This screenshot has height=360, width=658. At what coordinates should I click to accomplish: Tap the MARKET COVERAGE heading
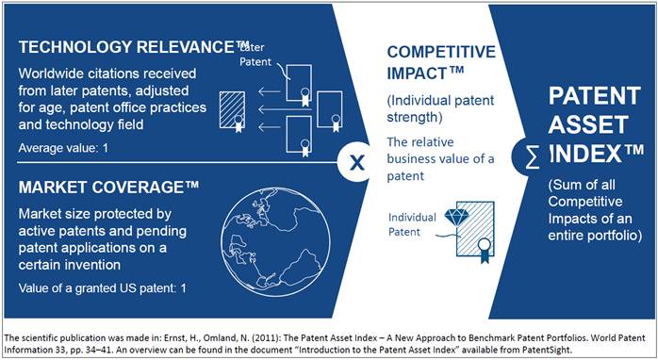[x=108, y=188]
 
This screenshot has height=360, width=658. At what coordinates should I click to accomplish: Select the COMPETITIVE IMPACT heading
[x=441, y=62]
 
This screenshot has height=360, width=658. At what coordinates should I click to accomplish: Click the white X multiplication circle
[x=356, y=162]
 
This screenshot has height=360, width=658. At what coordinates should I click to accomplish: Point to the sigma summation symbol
[x=532, y=157]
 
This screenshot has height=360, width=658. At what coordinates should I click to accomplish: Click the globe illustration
[x=275, y=242]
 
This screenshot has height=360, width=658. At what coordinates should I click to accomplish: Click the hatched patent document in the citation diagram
[x=233, y=111]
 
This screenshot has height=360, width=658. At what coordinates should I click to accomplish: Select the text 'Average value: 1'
[x=63, y=148]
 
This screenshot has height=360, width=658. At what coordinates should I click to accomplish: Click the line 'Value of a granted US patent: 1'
[x=102, y=288]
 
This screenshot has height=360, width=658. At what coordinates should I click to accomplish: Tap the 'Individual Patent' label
[x=412, y=224]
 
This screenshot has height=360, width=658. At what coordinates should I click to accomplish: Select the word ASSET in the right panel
[x=588, y=124]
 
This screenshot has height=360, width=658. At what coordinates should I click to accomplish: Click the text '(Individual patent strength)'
[x=440, y=108]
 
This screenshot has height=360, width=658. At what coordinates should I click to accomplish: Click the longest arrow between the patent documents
[x=285, y=109]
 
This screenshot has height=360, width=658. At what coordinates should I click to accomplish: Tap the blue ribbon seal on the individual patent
[x=485, y=251]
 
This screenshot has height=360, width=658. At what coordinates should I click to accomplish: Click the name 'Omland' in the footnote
[x=216, y=338]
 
